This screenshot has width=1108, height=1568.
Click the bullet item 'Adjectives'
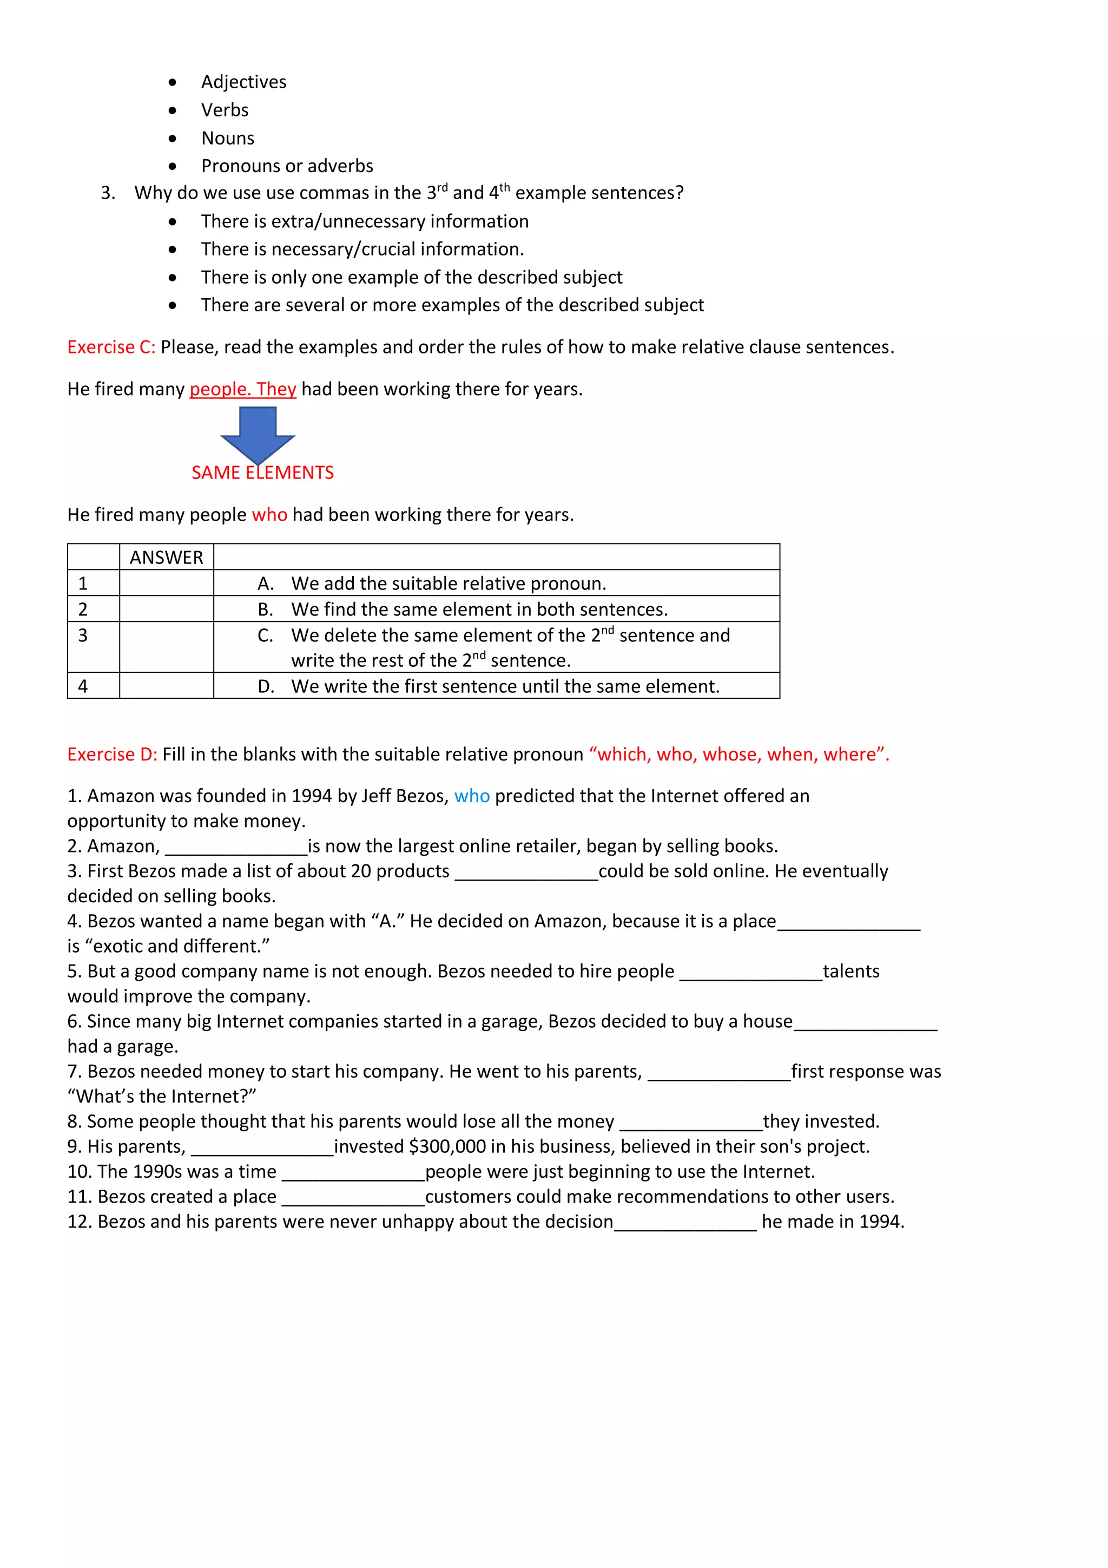(x=243, y=82)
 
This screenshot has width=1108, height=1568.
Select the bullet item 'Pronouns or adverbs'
(x=287, y=166)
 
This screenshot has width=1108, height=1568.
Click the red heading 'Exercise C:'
(x=111, y=347)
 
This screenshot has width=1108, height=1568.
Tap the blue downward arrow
(x=258, y=434)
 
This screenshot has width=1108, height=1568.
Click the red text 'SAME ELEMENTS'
(x=262, y=473)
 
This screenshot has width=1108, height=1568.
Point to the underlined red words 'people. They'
(x=242, y=389)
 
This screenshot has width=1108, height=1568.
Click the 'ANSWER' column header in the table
(x=166, y=557)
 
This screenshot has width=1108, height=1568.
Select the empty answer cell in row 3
(x=166, y=647)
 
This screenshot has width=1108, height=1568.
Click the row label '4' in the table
(x=83, y=686)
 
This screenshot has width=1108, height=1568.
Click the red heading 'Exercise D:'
(x=112, y=754)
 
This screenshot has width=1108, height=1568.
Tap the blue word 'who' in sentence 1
(x=472, y=796)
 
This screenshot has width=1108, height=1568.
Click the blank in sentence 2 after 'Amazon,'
(x=236, y=847)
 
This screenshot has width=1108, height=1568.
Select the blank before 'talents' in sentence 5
(x=751, y=972)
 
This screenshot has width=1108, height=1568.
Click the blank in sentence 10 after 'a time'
(x=353, y=1172)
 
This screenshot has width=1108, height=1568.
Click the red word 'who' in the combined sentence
(x=269, y=515)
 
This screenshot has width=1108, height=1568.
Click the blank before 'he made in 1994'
(x=685, y=1223)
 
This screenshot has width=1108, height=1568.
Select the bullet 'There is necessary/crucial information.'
(x=362, y=250)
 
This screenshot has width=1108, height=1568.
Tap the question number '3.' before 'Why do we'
(x=108, y=193)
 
